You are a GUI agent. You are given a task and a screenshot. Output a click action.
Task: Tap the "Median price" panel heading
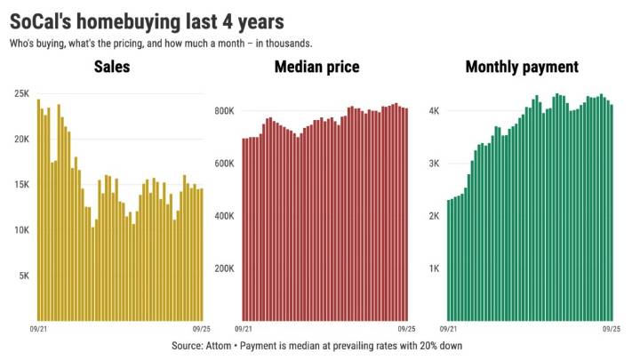pyautogui.click(x=324, y=67)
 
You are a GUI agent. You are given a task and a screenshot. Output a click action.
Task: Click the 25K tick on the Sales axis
pyautogui.click(x=22, y=93)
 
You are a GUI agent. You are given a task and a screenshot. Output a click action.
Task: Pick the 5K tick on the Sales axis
pyautogui.click(x=25, y=276)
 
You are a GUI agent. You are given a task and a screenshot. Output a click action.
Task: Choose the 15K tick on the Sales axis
pyautogui.click(x=22, y=185)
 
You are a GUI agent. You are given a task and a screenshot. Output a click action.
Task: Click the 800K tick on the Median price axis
pyautogui.click(x=223, y=111)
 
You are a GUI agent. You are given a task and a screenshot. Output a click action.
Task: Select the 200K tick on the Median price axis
pyautogui.click(x=223, y=268)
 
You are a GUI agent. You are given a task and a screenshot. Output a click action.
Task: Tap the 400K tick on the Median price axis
pyautogui.click(x=223, y=216)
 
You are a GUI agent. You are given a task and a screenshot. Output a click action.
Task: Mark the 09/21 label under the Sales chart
pyautogui.click(x=45, y=329)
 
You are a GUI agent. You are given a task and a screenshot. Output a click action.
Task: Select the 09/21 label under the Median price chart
pyautogui.click(x=251, y=329)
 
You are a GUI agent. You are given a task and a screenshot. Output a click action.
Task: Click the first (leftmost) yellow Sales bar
pyautogui.click(x=38, y=210)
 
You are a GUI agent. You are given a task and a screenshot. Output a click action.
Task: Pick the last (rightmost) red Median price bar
pyautogui.click(x=407, y=214)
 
